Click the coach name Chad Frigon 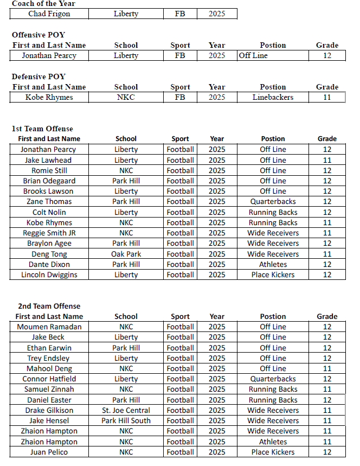(49, 14)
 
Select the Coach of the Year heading (44, 4)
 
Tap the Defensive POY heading (38, 76)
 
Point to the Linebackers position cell (273, 97)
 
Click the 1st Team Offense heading (42, 129)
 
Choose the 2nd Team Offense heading (49, 306)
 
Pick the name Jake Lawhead (49, 160)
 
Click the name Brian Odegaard (49, 181)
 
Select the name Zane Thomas (49, 201)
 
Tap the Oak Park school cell (126, 254)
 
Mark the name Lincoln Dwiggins (49, 275)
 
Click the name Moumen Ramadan (49, 327)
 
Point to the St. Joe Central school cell (126, 410)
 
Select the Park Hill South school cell (126, 420)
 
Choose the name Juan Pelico (49, 452)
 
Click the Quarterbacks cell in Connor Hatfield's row (273, 379)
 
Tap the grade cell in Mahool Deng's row (327, 368)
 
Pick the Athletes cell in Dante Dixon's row (273, 264)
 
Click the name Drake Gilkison (49, 410)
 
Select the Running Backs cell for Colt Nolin (273, 212)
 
